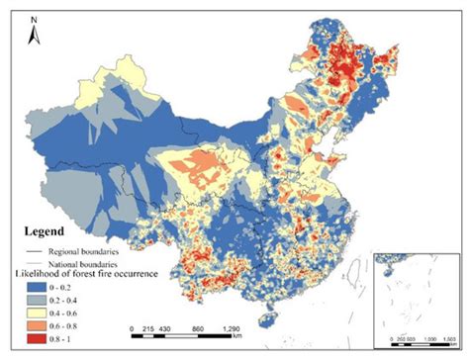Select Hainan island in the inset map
378,267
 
